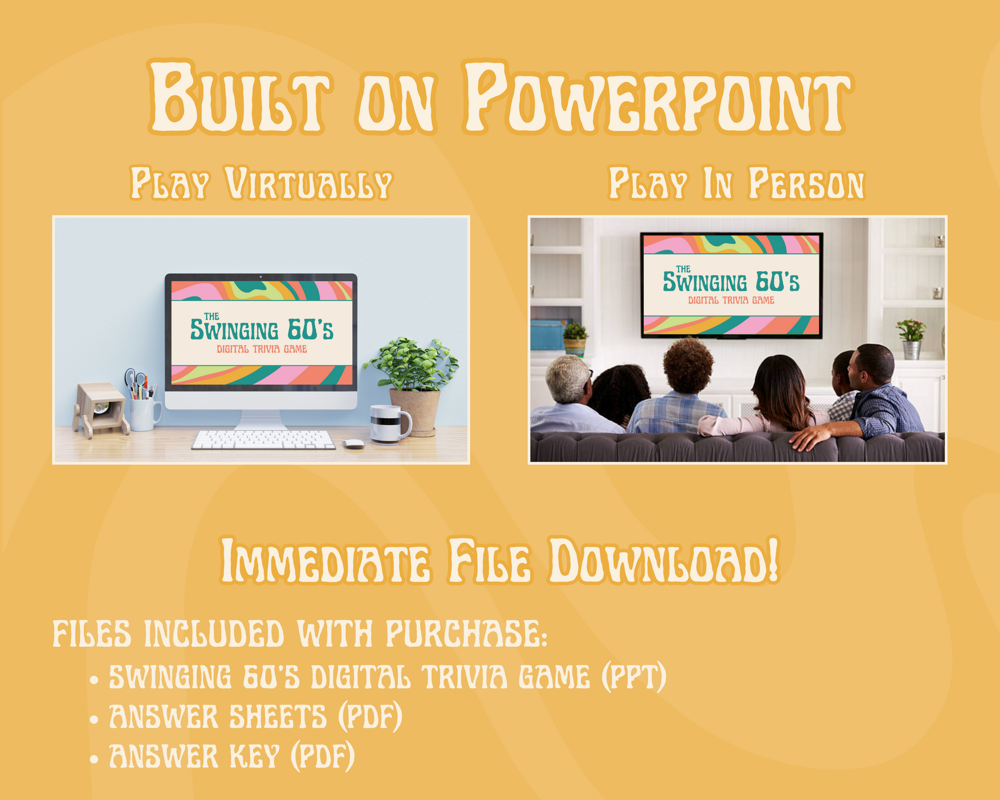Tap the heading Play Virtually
(x=261, y=183)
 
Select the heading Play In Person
(x=736, y=183)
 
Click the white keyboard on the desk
(x=264, y=440)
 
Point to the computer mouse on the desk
(x=354, y=444)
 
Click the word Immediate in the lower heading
(x=325, y=561)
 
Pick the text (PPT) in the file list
(x=634, y=677)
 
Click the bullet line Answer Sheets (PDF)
(x=255, y=716)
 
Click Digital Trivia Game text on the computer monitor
(x=262, y=349)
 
